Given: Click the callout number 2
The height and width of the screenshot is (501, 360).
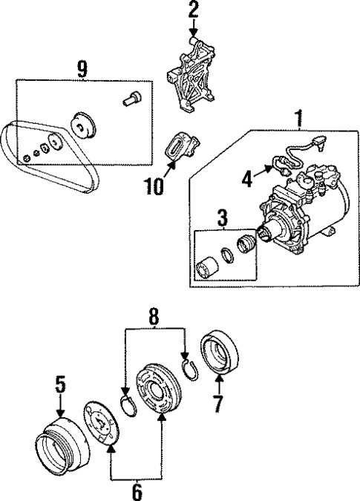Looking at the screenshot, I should click(194, 10).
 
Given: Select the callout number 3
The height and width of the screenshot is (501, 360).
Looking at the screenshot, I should click(220, 219).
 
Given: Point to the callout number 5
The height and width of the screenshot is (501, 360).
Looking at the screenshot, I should click(61, 384).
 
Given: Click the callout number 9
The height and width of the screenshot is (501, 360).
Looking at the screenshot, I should click(82, 69).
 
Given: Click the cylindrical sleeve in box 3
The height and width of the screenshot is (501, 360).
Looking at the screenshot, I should click(207, 266).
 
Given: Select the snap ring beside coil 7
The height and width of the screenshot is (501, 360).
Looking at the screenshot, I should click(190, 369).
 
